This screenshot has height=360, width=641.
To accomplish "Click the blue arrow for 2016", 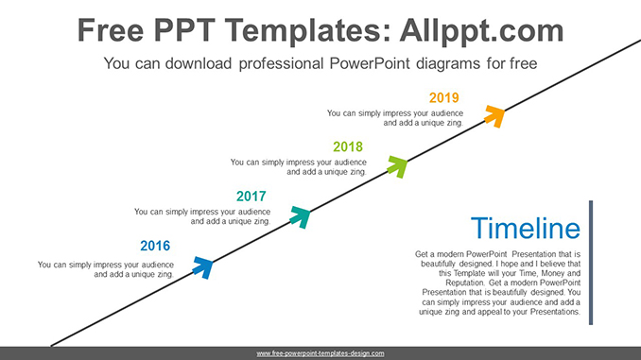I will pyautogui.click(x=202, y=266).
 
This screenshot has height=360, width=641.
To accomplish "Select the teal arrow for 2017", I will pyautogui.click(x=300, y=216).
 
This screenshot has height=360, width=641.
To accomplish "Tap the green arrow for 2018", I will pyautogui.click(x=397, y=165).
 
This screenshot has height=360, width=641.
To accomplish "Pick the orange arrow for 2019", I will pyautogui.click(x=494, y=115).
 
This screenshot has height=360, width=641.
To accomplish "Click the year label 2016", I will pyautogui.click(x=155, y=246).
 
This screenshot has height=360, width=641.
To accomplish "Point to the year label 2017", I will pyautogui.click(x=251, y=197).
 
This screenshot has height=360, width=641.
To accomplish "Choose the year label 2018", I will pyautogui.click(x=348, y=146).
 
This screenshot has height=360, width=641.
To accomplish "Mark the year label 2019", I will pyautogui.click(x=443, y=97).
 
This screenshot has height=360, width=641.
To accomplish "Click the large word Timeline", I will pyautogui.click(x=525, y=229).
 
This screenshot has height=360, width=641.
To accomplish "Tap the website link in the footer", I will pyautogui.click(x=320, y=353).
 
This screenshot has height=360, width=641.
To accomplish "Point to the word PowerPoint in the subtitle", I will pyautogui.click(x=376, y=64).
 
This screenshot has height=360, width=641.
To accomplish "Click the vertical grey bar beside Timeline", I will pyautogui.click(x=591, y=263).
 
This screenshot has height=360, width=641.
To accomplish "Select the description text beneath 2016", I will pyautogui.click(x=106, y=270).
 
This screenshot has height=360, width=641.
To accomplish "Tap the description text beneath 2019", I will pyautogui.click(x=394, y=118).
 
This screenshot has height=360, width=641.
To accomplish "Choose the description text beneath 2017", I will pyautogui.click(x=202, y=216).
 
